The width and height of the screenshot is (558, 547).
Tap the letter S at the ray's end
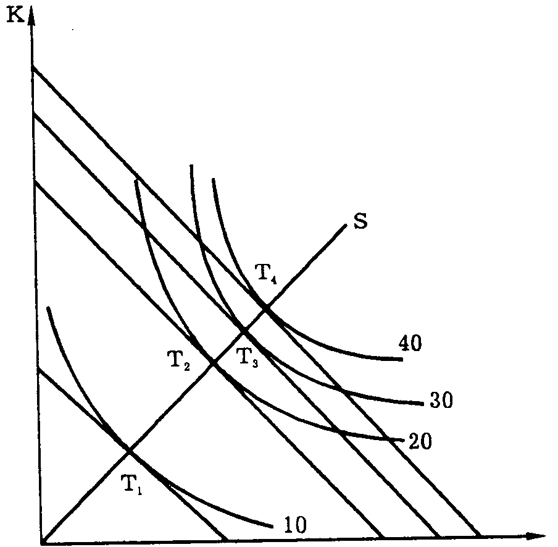tap(362, 221)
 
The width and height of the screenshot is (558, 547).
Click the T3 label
tap(247, 357)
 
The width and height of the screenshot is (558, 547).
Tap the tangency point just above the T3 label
tap(243, 331)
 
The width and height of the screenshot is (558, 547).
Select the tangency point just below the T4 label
tap(266, 308)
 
